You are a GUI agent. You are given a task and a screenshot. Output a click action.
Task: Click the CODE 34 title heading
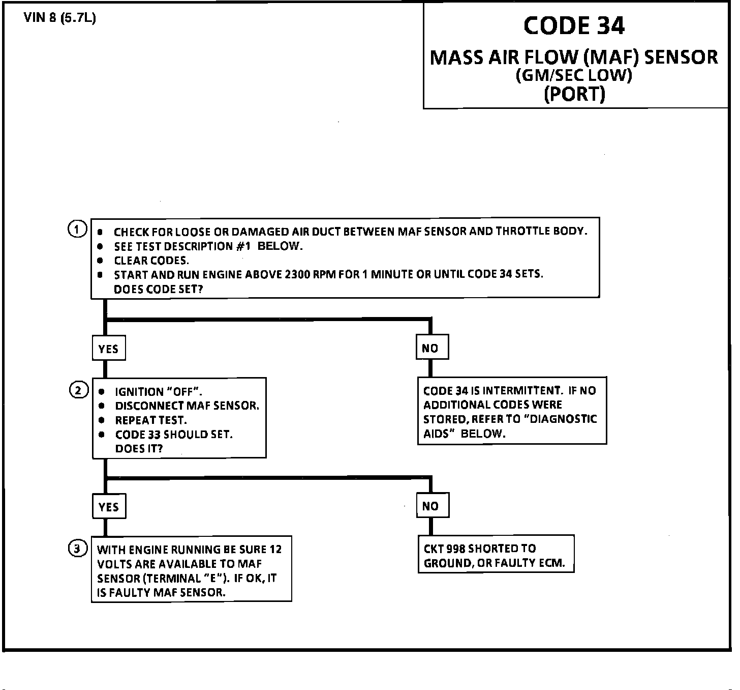click(x=574, y=25)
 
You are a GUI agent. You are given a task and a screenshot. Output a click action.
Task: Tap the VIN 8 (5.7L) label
click(x=59, y=18)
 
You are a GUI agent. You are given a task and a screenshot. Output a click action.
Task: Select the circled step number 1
click(x=77, y=229)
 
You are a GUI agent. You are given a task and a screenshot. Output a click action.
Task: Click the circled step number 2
click(x=78, y=391)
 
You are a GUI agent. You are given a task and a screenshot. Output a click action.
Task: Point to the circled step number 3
click(x=77, y=549)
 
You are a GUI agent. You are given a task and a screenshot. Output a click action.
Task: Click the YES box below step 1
click(x=108, y=349)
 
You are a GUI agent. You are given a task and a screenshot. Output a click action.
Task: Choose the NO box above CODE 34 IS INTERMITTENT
click(x=430, y=348)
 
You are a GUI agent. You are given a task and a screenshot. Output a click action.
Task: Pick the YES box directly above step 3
click(x=108, y=507)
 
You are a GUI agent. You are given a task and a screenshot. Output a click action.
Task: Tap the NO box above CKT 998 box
click(x=430, y=506)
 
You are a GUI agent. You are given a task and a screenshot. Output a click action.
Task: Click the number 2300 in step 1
click(x=297, y=274)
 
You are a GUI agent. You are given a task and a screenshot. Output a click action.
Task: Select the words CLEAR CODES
click(x=151, y=261)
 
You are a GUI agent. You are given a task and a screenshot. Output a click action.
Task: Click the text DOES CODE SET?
click(x=159, y=289)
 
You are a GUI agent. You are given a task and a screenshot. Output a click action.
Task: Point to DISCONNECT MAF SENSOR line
click(x=187, y=406)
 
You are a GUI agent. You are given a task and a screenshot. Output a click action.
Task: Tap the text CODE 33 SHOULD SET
click(x=174, y=435)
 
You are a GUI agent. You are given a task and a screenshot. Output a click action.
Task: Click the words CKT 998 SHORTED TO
click(x=480, y=549)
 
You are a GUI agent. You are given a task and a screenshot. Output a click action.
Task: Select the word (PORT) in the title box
click(x=574, y=94)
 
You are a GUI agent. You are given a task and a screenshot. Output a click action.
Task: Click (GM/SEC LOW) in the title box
click(x=574, y=75)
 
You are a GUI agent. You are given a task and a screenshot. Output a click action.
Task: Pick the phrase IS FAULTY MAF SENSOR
click(x=161, y=592)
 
